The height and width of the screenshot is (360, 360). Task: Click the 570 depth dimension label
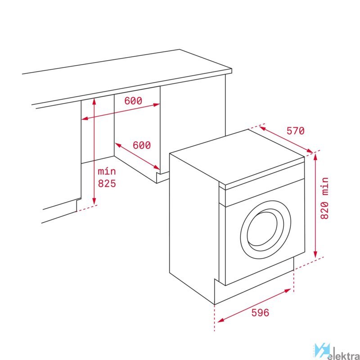click(295, 131)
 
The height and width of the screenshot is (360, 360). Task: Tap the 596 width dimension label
click(260, 312)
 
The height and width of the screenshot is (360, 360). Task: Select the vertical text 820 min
click(324, 198)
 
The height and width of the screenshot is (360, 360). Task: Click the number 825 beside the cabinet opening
click(107, 184)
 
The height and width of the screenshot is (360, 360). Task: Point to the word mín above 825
click(107, 171)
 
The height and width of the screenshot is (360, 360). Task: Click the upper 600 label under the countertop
click(133, 101)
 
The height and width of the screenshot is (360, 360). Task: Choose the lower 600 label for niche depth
click(142, 145)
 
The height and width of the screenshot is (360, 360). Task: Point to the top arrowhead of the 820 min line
click(315, 157)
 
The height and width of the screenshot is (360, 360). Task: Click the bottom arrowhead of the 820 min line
click(315, 254)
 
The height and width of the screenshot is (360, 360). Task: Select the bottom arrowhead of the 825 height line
click(94, 201)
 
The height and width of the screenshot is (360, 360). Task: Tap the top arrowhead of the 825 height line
click(94, 102)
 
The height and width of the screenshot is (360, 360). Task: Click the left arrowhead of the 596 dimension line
click(220, 320)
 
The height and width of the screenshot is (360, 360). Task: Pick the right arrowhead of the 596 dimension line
click(288, 291)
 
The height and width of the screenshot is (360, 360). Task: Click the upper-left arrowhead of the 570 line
click(263, 128)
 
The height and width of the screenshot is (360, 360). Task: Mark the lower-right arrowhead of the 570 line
click(310, 151)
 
